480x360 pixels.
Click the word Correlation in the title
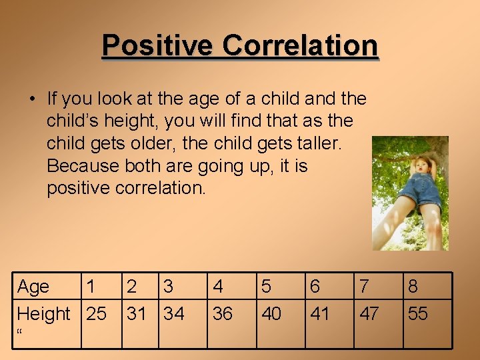click(x=300, y=45)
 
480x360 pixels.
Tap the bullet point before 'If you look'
click(x=32, y=99)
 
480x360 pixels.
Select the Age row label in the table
click(x=33, y=287)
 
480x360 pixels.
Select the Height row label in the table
click(x=43, y=313)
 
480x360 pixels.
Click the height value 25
click(x=96, y=313)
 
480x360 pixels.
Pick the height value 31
click(x=137, y=313)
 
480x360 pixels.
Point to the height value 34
click(x=173, y=313)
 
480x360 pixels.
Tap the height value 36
click(x=222, y=313)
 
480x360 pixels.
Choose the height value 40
click(x=271, y=313)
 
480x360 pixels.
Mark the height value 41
click(x=320, y=313)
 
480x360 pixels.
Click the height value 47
click(x=369, y=313)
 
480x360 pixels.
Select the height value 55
click(x=418, y=313)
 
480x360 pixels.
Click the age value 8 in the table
click(x=413, y=287)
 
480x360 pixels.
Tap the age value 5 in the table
click(x=267, y=287)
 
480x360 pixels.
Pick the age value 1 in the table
click(x=91, y=287)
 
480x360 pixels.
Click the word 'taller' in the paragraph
click(x=321, y=143)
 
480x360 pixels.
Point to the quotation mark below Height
click(x=21, y=331)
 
